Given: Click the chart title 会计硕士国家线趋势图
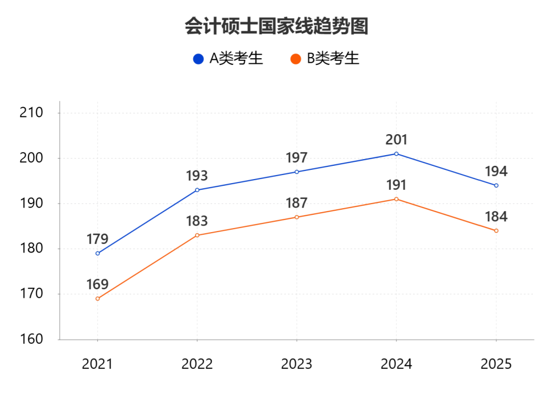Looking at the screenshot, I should pyautogui.click(x=276, y=26).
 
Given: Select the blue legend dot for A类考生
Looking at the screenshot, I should pyautogui.click(x=198, y=59).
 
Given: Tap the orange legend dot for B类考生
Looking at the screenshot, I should pyautogui.click(x=295, y=59).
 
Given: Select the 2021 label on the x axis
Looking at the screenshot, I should pyautogui.click(x=97, y=364).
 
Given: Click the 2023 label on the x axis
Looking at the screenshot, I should pyautogui.click(x=296, y=364).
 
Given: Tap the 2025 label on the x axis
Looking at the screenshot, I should pyautogui.click(x=496, y=364).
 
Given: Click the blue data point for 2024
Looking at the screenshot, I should pyautogui.click(x=396, y=154).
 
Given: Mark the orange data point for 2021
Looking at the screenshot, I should pyautogui.click(x=97, y=298).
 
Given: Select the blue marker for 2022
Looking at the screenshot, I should pyautogui.click(x=197, y=190).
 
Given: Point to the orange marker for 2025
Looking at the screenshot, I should pyautogui.click(x=496, y=231).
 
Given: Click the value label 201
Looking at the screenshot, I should pyautogui.click(x=396, y=140).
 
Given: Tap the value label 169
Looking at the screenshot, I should pyautogui.click(x=97, y=285).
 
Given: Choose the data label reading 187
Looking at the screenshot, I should pyautogui.click(x=296, y=203).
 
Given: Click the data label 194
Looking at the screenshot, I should pyautogui.click(x=496, y=171).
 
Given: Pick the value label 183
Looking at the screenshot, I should pyautogui.click(x=197, y=221).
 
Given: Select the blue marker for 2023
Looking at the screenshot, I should pyautogui.click(x=296, y=172).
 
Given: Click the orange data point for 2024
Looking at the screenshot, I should pyautogui.click(x=396, y=199).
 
